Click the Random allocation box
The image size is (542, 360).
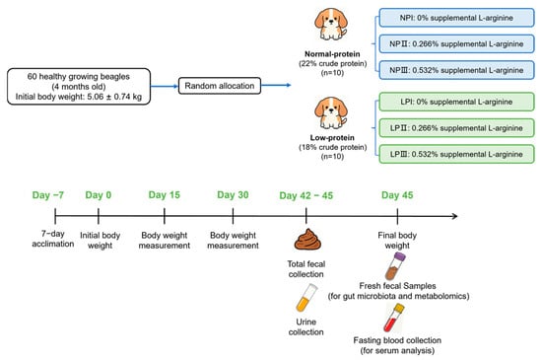(x=220, y=86)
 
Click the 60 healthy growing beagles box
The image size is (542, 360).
(x=79, y=87)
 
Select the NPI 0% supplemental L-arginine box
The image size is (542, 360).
(x=456, y=18)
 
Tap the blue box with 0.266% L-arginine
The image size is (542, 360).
(x=456, y=44)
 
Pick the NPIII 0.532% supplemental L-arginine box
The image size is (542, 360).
(x=456, y=70)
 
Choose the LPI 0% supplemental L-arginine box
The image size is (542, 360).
(x=456, y=102)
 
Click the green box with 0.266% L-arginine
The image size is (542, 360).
(x=456, y=128)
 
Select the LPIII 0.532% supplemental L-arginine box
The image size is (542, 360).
(x=456, y=154)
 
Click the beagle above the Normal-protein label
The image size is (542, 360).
(x=331, y=25)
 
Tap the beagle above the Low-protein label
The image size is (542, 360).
(x=331, y=112)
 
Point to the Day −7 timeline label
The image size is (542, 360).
(x=48, y=195)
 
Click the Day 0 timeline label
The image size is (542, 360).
(x=99, y=195)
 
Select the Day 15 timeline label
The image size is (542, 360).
(x=165, y=195)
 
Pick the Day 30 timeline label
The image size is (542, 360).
(x=233, y=195)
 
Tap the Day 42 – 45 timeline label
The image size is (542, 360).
(x=306, y=195)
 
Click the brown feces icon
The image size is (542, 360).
(x=307, y=240)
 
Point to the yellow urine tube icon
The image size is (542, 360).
(x=306, y=298)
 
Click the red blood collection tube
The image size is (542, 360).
(x=394, y=318)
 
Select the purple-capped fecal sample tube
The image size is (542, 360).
(x=395, y=265)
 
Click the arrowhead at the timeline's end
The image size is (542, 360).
(x=455, y=216)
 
